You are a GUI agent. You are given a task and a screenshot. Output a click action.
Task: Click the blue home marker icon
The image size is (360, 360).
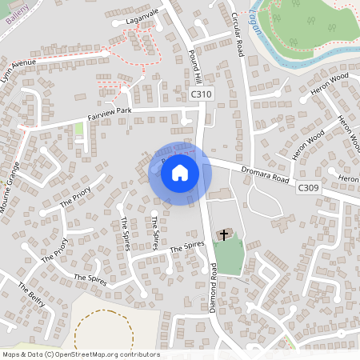180,173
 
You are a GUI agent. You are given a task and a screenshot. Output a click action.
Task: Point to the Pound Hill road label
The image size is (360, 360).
192,65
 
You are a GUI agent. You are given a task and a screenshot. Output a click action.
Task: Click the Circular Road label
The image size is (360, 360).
237,33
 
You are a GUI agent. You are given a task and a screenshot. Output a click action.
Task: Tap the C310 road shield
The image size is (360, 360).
202,94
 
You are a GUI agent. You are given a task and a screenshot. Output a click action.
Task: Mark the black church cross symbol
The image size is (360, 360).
224,235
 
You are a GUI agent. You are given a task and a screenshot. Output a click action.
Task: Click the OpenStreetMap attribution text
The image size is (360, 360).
80,354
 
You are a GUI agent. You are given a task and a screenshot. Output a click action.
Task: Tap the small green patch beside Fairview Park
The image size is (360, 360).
78,129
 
